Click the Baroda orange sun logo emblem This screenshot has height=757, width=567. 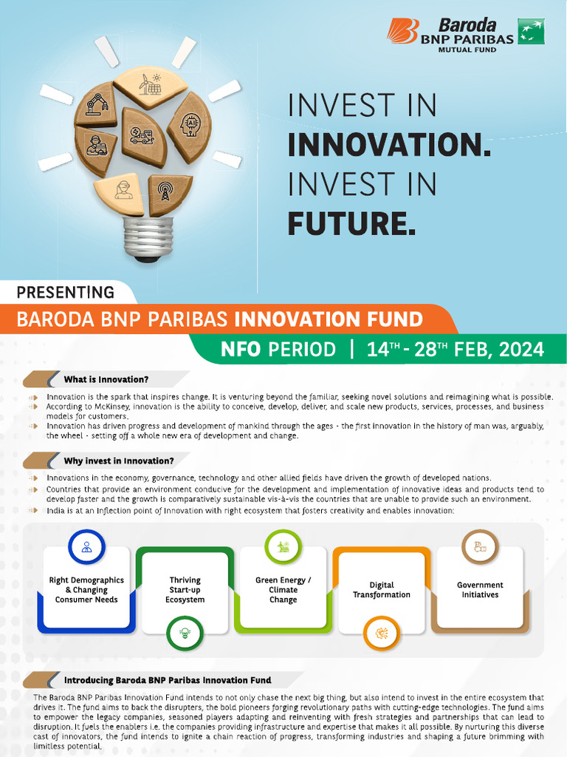click(x=402, y=32)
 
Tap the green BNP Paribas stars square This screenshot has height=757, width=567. click(x=531, y=30)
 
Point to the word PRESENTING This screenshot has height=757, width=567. click(x=65, y=292)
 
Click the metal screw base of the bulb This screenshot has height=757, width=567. click(x=148, y=237)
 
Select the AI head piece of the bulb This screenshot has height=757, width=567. click(x=190, y=125)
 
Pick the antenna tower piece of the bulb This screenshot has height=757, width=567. click(x=169, y=193)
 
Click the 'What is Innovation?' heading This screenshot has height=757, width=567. click(x=106, y=379)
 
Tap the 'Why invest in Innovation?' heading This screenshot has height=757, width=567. click(x=118, y=461)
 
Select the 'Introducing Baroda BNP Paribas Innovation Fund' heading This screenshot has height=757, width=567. click(x=167, y=679)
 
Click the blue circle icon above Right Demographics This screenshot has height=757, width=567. click(x=86, y=548)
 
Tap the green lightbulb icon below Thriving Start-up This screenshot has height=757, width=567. click(x=185, y=633)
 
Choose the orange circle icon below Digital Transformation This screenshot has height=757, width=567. click(x=382, y=633)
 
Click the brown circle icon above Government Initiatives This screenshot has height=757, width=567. click(x=480, y=548)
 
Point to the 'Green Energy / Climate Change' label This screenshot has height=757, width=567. click(x=283, y=590)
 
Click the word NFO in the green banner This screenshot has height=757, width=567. click(x=241, y=349)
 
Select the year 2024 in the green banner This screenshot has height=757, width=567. click(x=521, y=349)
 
